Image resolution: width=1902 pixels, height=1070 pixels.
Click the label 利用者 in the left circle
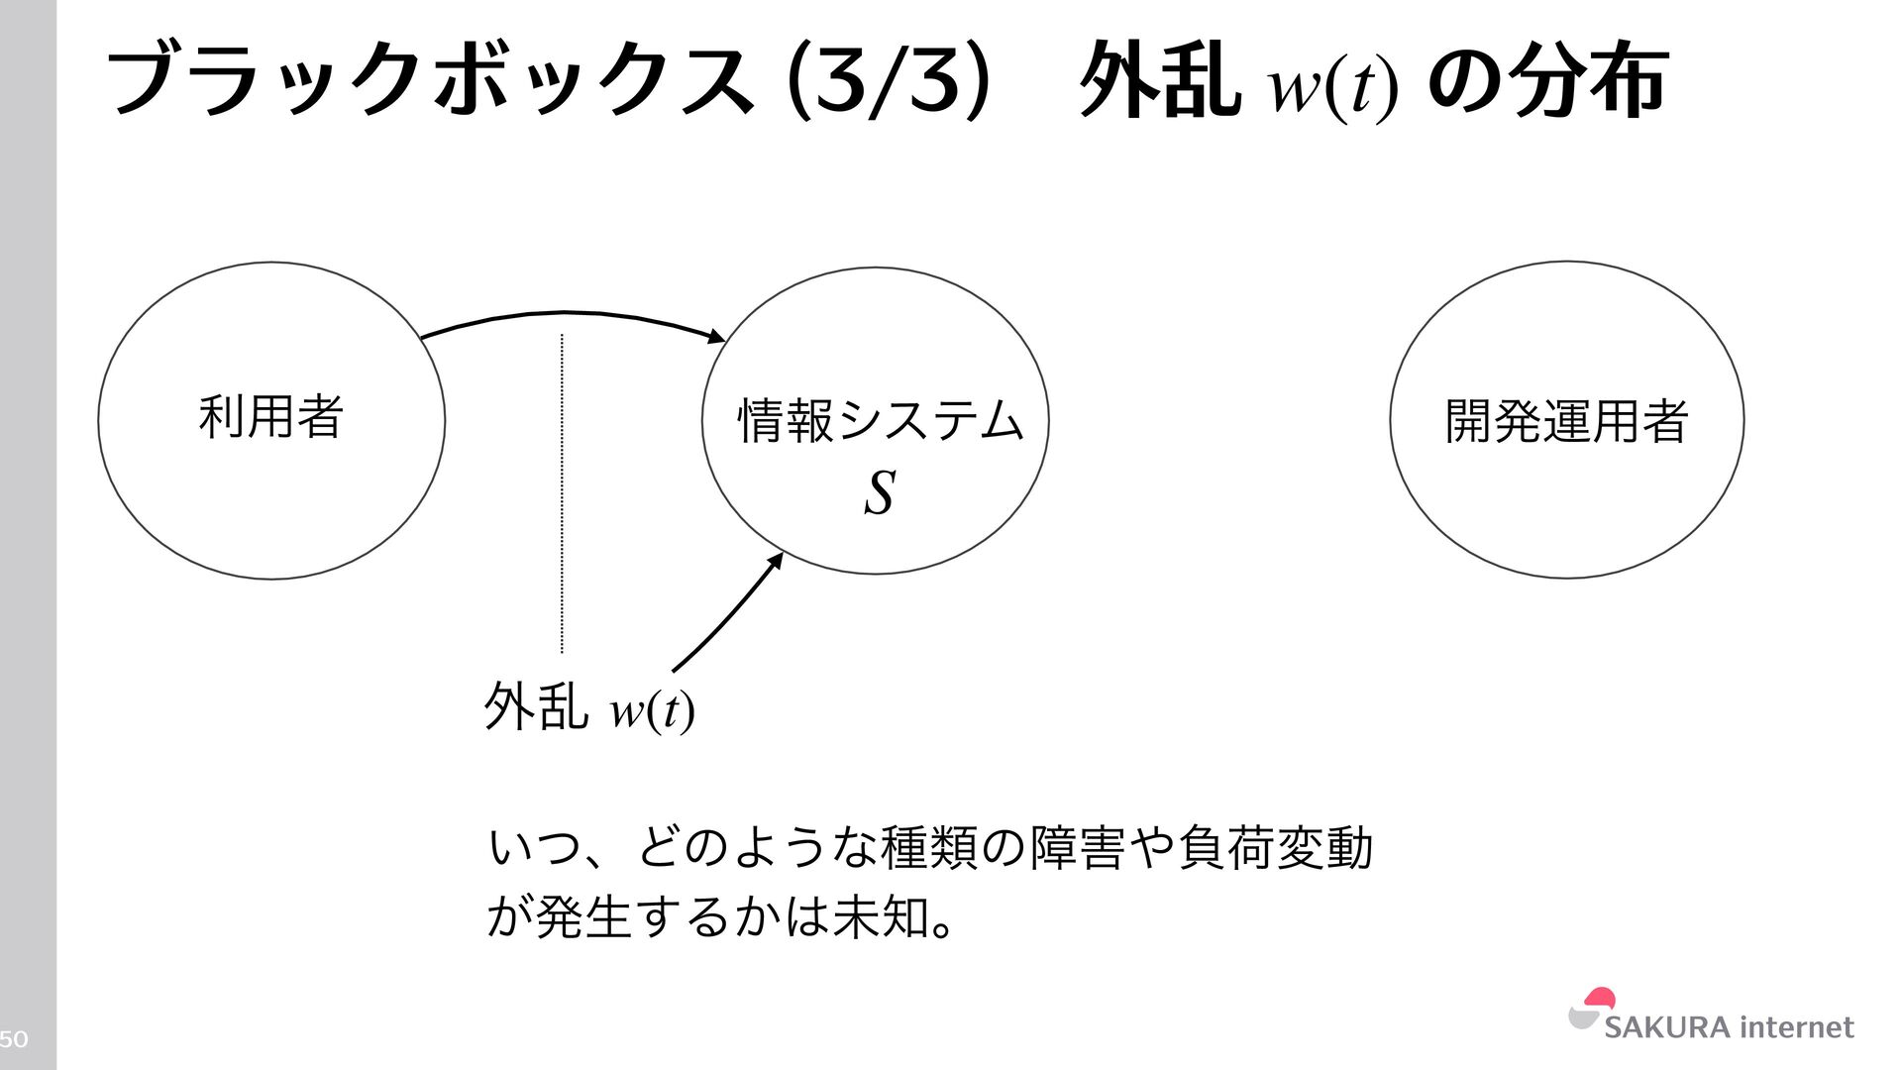pyautogui.click(x=270, y=416)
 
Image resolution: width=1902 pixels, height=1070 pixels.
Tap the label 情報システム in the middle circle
pyautogui.click(x=880, y=421)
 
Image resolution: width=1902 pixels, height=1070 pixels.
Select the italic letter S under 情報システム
pyautogui.click(x=880, y=492)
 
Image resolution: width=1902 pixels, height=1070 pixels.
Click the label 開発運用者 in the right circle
pyautogui.click(x=1566, y=421)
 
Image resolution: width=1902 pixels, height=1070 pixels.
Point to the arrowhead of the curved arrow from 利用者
pyautogui.click(x=717, y=338)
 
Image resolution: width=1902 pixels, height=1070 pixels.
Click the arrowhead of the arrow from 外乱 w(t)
pyautogui.click(x=777, y=560)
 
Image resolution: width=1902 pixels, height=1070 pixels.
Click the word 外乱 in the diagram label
pyautogui.click(x=535, y=707)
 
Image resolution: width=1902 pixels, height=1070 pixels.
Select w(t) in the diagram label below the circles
pyautogui.click(x=651, y=709)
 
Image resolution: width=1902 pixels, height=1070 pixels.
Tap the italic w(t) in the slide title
pyautogui.click(x=1333, y=87)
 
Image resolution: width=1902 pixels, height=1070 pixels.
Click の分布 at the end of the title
pyautogui.click(x=1547, y=81)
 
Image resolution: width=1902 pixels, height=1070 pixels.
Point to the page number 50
pyautogui.click(x=14, y=1039)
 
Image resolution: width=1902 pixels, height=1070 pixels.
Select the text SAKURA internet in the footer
pyautogui.click(x=1729, y=1027)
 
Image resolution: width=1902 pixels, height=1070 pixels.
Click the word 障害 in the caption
pyautogui.click(x=1078, y=848)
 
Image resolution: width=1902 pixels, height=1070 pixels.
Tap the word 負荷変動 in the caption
pyautogui.click(x=1275, y=848)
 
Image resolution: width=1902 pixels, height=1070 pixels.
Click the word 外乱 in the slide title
pyautogui.click(x=1159, y=81)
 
